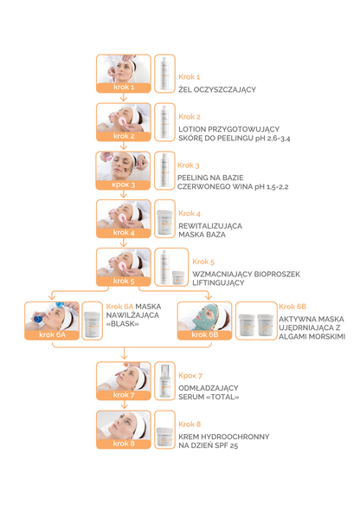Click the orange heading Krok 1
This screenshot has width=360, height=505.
tap(190, 77)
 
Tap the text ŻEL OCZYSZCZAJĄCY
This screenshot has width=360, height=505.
tap(217, 89)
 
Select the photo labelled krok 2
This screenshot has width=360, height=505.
tap(124, 122)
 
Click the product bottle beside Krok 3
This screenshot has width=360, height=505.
tap(164, 171)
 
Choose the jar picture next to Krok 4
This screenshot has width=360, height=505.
tap(164, 218)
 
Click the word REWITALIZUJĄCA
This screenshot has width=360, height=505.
tap(210, 226)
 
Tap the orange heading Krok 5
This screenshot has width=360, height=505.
tap(203, 262)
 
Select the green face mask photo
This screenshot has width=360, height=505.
tap(204, 320)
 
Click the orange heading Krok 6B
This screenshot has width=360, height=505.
tap(292, 307)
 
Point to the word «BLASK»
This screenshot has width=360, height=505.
tap(123, 324)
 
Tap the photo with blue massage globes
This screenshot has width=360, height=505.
tap(52, 320)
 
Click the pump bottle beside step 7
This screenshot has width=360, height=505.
tap(164, 381)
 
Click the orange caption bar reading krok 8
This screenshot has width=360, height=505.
tap(124, 443)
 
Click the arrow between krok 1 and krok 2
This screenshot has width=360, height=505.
tap(124, 98)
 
